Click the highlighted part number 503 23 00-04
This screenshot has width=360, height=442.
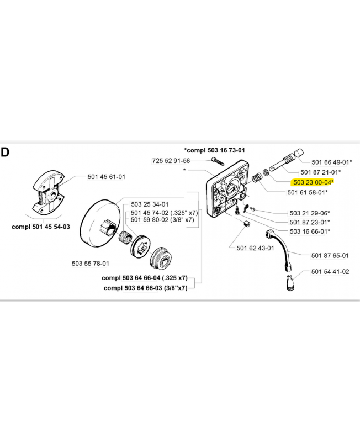coord(312,182)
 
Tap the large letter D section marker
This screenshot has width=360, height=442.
coord(5,152)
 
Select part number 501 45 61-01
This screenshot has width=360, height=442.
coord(106,177)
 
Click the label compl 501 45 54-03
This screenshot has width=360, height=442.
coord(40,227)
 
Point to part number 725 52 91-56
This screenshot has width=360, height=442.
coord(171,161)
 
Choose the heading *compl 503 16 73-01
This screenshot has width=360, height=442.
coord(214,150)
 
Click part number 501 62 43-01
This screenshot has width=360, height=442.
coord(255,248)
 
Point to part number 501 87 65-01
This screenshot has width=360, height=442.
coord(330,255)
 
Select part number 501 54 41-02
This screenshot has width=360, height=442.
coord(330,271)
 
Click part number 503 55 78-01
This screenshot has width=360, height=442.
coord(90,264)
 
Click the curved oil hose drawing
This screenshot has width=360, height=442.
coord(282,249)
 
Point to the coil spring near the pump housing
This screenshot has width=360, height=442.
coord(257,178)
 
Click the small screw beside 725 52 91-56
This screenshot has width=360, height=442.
coord(218,161)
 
